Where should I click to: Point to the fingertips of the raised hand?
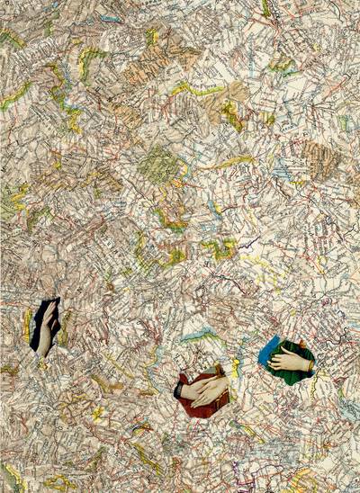pos(52,306)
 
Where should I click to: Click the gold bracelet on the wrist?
pos(309,365)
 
